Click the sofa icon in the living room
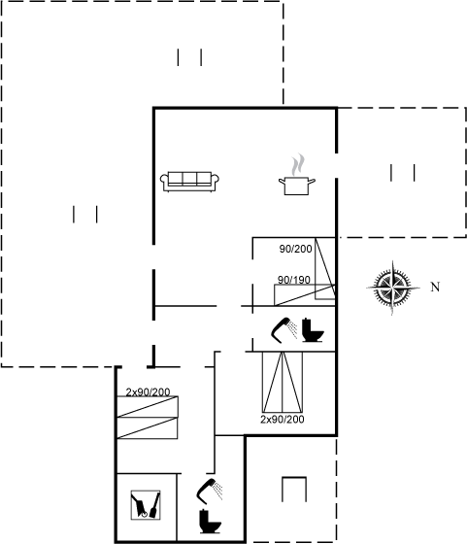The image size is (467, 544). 189,181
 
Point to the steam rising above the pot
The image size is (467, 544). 298,165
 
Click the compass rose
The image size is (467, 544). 393,288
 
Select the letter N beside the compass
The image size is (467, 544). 435,287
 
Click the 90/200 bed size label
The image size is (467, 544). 295,249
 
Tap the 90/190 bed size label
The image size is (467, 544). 294,280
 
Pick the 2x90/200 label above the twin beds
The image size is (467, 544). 148,392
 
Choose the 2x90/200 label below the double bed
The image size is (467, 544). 283,419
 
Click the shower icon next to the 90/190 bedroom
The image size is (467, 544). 284,330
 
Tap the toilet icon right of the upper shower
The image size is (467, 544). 313,330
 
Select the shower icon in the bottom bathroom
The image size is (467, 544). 210,491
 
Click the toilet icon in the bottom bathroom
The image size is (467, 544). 210,521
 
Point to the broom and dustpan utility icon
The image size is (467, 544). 146,505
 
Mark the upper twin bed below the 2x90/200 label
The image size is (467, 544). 148,407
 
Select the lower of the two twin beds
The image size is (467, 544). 148,428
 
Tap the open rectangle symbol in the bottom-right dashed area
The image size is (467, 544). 294,490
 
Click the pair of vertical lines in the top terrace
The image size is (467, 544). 189,57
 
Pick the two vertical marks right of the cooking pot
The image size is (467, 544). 403,173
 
